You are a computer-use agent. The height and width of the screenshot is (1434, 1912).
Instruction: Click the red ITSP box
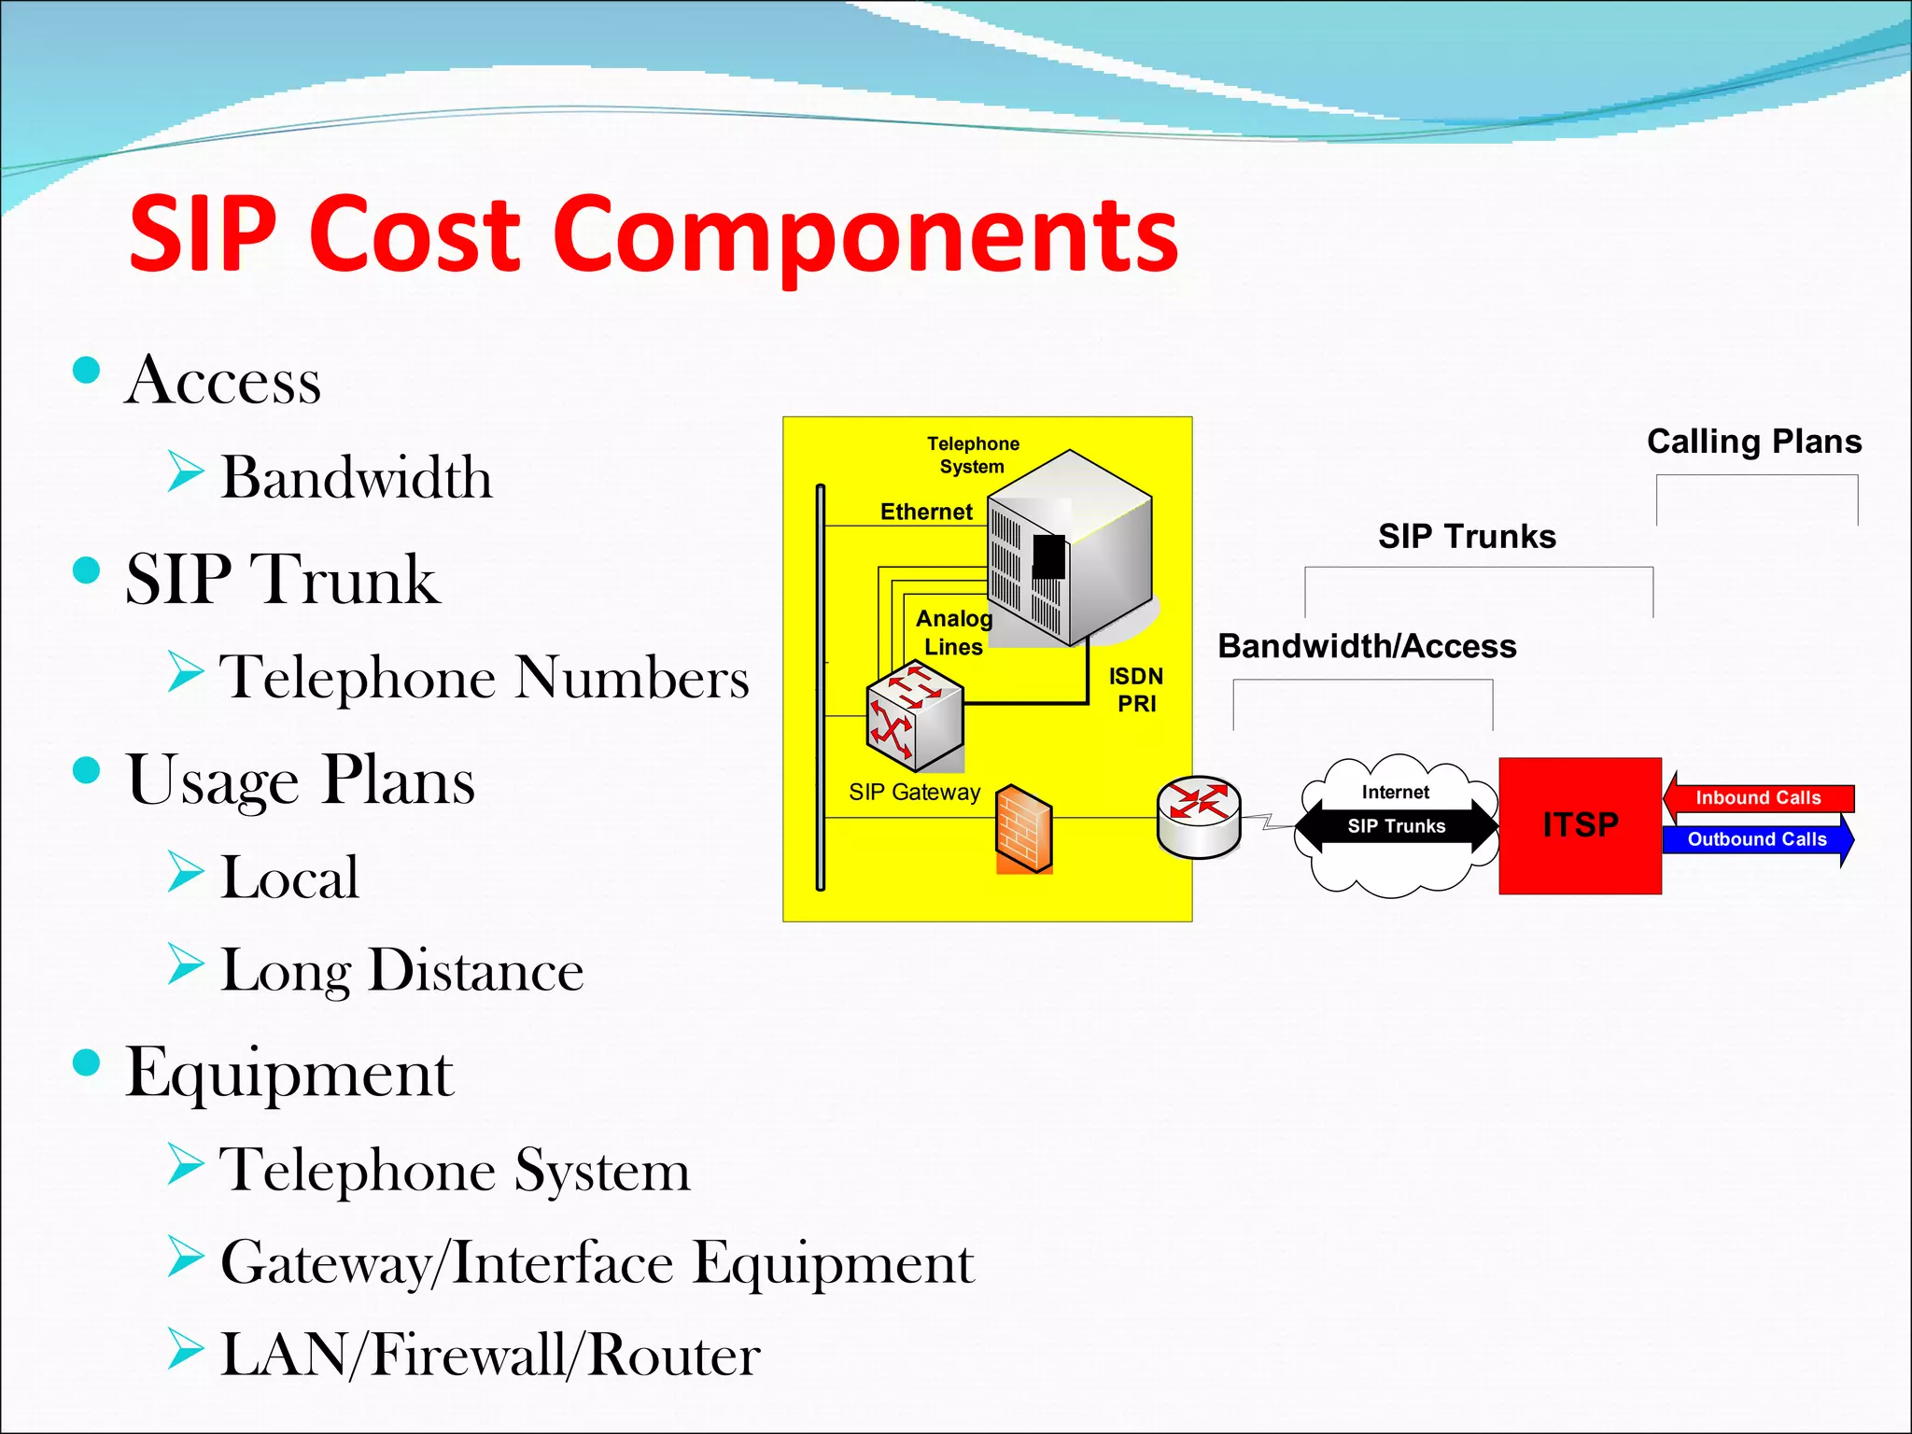click(1580, 825)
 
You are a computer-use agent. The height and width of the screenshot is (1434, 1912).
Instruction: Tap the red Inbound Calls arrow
click(1758, 798)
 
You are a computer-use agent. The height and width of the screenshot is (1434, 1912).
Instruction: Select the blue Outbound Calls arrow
click(1757, 839)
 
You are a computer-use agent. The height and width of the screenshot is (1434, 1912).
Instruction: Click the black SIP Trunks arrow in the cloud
click(1397, 826)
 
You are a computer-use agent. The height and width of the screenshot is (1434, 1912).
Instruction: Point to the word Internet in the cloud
click(1395, 793)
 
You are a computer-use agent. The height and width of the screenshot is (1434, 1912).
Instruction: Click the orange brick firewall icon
click(1024, 829)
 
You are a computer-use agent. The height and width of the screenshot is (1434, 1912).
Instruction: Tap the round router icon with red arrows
click(1199, 815)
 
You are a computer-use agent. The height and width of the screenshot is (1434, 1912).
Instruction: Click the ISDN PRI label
click(1136, 690)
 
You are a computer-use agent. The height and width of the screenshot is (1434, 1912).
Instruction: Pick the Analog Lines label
click(953, 633)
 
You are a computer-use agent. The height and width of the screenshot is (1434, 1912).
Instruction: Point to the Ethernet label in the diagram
click(926, 512)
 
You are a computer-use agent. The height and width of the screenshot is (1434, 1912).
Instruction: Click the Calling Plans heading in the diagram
click(1754, 442)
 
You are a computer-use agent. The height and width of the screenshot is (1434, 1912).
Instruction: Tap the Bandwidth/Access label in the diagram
click(1367, 646)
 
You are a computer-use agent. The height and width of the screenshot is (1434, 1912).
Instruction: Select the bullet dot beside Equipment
click(86, 1062)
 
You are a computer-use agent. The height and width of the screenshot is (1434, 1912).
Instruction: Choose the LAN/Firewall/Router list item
click(490, 1355)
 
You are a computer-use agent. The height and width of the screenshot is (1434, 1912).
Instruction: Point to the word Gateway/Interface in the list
click(447, 1263)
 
